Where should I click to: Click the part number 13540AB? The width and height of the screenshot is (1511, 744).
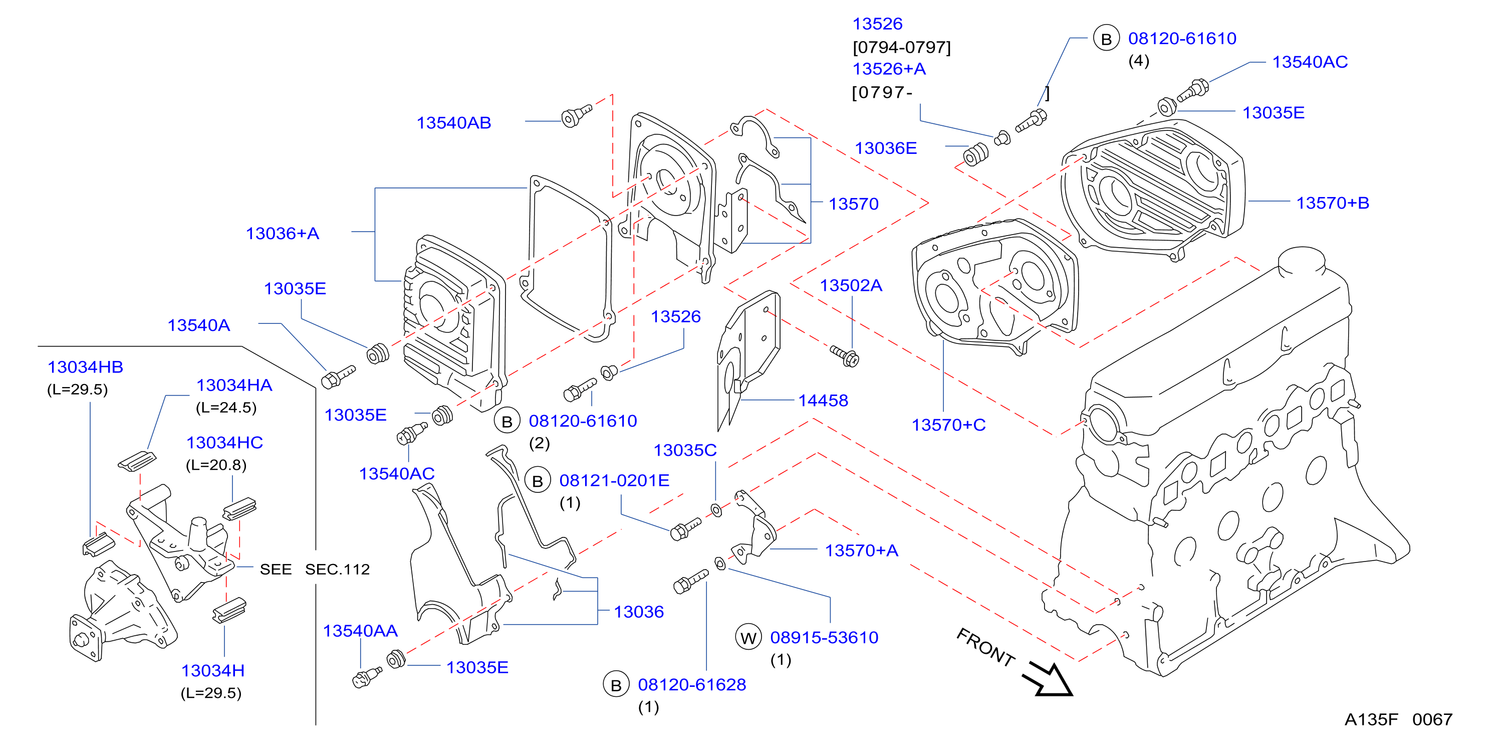453,123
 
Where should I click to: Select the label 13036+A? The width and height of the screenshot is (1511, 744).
282,233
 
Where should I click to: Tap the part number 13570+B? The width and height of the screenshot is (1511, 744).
1333,203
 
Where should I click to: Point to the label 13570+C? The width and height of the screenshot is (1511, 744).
948,424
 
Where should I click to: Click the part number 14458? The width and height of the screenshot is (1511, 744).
823,400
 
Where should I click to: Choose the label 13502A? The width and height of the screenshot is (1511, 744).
851,285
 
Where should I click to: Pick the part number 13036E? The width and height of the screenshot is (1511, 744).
885,148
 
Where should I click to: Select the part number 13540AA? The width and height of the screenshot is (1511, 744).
360,630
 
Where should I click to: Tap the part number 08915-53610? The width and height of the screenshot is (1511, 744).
824,637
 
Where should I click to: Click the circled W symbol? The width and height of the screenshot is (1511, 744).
748,638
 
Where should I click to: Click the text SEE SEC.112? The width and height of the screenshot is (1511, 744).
315,569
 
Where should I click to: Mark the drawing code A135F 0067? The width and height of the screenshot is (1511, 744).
1398,719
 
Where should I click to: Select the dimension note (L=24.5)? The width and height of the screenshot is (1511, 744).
226,408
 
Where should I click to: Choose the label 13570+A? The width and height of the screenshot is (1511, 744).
862,550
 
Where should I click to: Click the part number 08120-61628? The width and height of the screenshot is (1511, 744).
691,684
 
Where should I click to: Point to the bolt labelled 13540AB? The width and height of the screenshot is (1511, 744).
576,115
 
